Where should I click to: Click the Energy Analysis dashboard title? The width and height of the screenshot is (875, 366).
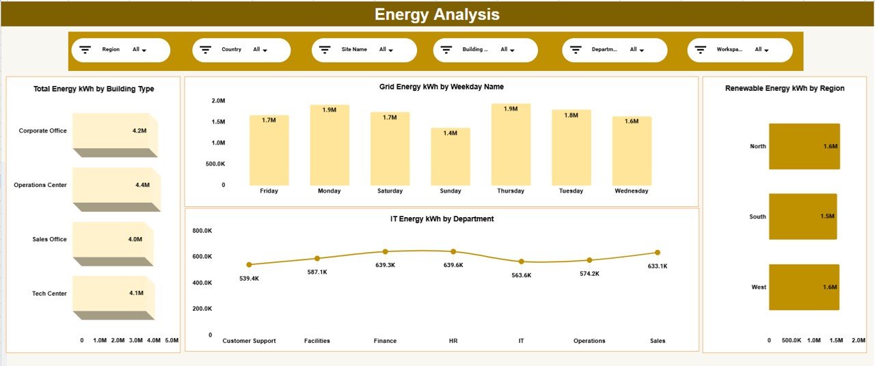[x=437, y=14]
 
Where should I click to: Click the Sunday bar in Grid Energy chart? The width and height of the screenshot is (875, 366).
[x=450, y=157]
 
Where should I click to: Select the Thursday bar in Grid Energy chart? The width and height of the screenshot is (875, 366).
[x=511, y=145]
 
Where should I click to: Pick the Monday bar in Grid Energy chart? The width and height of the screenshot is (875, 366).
[x=329, y=145]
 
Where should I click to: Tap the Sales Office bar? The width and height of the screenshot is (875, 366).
[x=111, y=240]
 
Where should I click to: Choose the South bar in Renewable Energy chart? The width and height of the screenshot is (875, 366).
[x=803, y=216]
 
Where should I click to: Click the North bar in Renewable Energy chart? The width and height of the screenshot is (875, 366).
[x=804, y=146]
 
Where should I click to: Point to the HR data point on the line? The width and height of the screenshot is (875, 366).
[x=453, y=252]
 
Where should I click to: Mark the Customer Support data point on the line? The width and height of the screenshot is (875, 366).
[x=249, y=264]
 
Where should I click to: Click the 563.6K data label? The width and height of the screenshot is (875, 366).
[x=521, y=275]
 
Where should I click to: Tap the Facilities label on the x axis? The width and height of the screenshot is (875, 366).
[x=317, y=341]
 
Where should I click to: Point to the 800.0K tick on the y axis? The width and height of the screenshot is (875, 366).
[x=202, y=231]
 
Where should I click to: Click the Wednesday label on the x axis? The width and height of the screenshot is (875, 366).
[x=632, y=191]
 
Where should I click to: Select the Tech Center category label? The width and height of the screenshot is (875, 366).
[x=49, y=294]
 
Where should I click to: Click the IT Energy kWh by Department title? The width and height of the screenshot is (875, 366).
[x=441, y=219]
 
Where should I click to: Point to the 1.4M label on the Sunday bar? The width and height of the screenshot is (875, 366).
[x=450, y=133]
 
